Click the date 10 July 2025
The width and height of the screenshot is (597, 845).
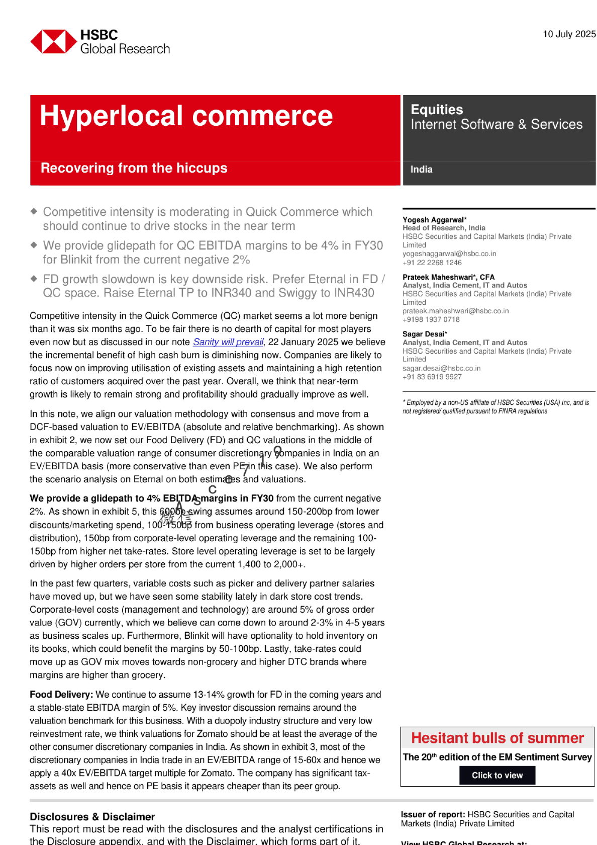click(x=569, y=34)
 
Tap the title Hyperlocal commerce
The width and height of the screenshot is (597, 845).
click(x=186, y=116)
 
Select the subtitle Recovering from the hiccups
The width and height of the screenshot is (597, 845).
click(x=134, y=168)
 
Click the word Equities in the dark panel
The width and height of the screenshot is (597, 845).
click(x=437, y=110)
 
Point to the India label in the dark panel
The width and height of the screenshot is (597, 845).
click(x=421, y=170)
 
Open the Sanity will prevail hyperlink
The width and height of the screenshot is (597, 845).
click(x=228, y=342)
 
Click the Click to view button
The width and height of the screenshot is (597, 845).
click(x=497, y=775)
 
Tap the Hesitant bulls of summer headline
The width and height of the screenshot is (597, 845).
click(x=497, y=738)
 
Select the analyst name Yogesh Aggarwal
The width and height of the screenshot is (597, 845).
click(x=433, y=220)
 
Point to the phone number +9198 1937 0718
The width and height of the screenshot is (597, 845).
click(x=431, y=319)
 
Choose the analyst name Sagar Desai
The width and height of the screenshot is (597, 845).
click(x=423, y=334)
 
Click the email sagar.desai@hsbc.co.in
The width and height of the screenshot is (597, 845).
click(x=441, y=368)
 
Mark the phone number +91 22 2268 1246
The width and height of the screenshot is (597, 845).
click(x=432, y=263)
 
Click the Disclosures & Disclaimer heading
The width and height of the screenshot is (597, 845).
click(x=92, y=817)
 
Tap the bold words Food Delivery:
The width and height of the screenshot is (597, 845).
click(x=61, y=695)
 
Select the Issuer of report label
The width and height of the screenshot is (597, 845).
click(x=433, y=814)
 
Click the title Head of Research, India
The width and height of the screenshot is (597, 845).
click(x=444, y=228)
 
